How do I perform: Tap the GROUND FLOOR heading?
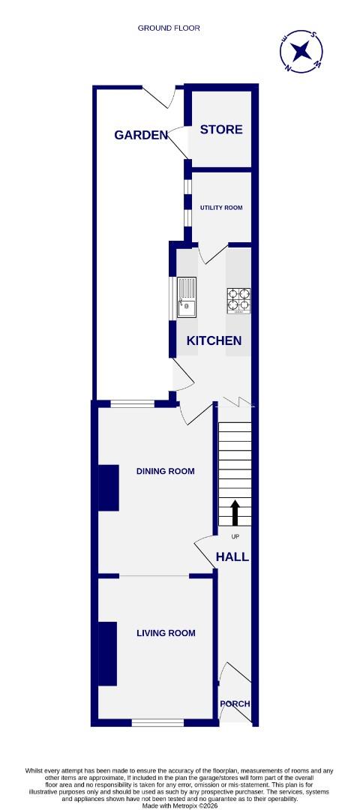(169, 28)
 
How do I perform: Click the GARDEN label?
(141, 135)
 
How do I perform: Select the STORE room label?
(221, 129)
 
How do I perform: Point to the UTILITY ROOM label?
(220, 208)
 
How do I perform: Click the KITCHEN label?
(214, 340)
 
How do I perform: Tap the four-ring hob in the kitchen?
(238, 300)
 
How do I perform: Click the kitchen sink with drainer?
(185, 297)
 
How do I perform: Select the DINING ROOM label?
(165, 471)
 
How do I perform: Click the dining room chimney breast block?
(109, 487)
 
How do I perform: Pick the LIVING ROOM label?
(166, 633)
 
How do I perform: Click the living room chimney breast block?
(108, 653)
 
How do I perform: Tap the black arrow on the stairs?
(235, 513)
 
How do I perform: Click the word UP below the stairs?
(235, 537)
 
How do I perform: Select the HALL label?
(232, 556)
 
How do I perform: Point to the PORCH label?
(235, 703)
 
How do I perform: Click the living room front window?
(157, 723)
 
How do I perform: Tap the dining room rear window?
(133, 404)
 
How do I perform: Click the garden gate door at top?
(158, 95)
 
